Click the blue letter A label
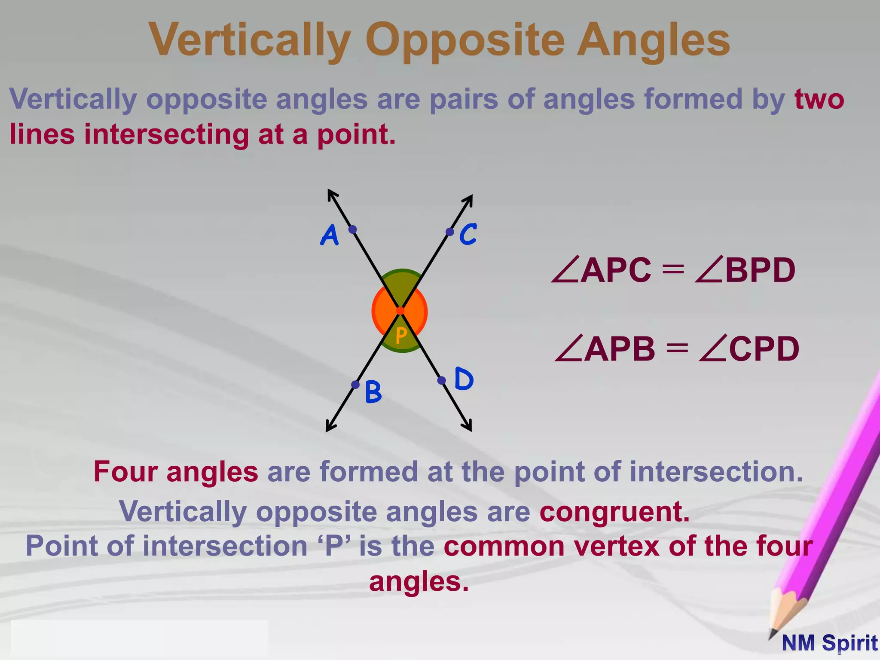pos(330,235)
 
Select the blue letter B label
pos(373,392)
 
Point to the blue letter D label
pos(464,379)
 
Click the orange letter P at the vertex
pos(401,335)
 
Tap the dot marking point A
pos(352,229)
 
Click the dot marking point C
pos(449,232)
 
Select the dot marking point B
pos(355,385)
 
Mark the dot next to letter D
pos(441,380)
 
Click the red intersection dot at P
pos(400,311)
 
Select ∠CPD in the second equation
pos(749,349)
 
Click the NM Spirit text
pos(829,643)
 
